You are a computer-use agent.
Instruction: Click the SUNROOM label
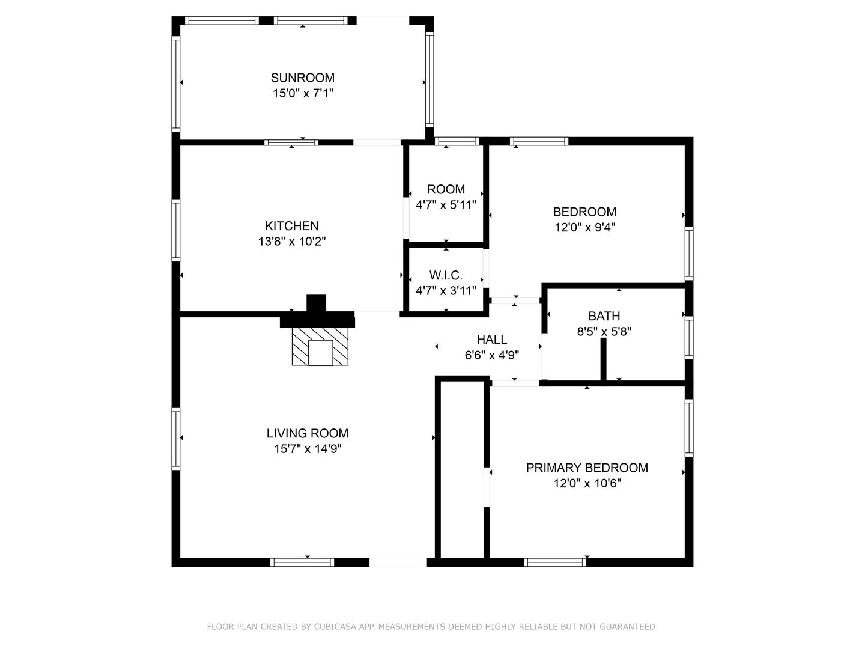pyautogui.click(x=302, y=78)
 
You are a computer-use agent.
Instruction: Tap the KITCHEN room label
pyautogui.click(x=291, y=226)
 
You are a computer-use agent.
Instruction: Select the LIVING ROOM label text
pyautogui.click(x=308, y=433)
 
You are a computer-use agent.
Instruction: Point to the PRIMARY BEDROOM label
pyautogui.click(x=587, y=468)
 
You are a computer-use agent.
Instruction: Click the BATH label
pyautogui.click(x=604, y=316)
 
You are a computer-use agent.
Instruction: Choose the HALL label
pyautogui.click(x=492, y=340)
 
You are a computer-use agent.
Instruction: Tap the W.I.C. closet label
pyautogui.click(x=446, y=275)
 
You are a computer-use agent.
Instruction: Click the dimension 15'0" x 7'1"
pyautogui.click(x=303, y=93)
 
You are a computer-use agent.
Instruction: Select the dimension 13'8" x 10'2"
pyautogui.click(x=291, y=241)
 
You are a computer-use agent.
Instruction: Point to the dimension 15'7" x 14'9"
pyautogui.click(x=308, y=449)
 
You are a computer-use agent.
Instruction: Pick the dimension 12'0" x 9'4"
pyautogui.click(x=585, y=227)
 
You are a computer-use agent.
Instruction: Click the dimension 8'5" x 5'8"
pyautogui.click(x=604, y=331)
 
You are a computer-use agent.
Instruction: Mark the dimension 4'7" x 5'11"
pyautogui.click(x=446, y=205)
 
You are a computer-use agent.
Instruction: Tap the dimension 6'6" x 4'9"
pyautogui.click(x=492, y=355)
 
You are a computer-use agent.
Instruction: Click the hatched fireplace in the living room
pyautogui.click(x=320, y=346)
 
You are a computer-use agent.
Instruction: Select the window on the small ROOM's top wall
pyautogui.click(x=457, y=141)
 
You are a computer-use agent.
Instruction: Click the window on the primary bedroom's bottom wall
pyautogui.click(x=555, y=562)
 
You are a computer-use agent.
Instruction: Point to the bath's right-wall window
pyautogui.click(x=689, y=338)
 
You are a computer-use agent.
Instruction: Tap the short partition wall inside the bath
pyautogui.click(x=603, y=360)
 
